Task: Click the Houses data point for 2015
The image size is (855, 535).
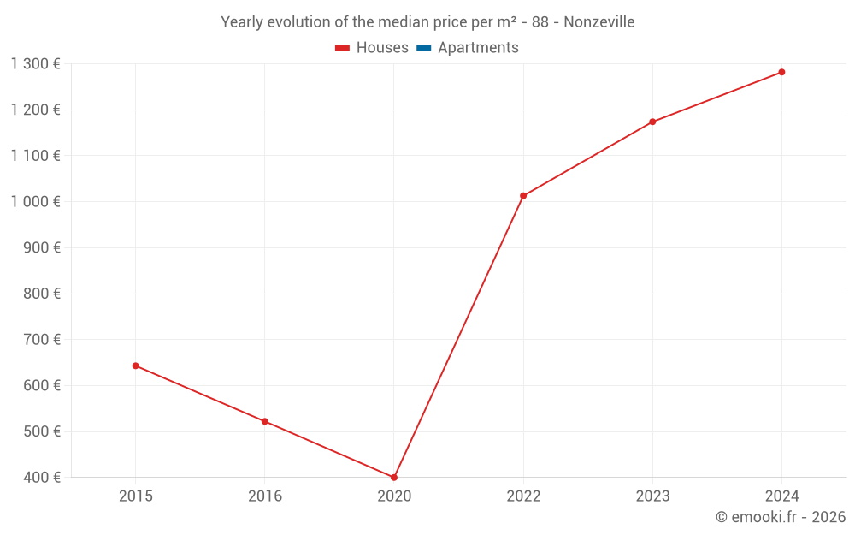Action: pyautogui.click(x=135, y=366)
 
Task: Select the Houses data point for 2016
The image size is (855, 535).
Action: pyautogui.click(x=265, y=421)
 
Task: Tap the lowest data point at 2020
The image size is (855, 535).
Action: pyautogui.click(x=394, y=478)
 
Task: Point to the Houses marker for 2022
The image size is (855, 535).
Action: pyautogui.click(x=523, y=196)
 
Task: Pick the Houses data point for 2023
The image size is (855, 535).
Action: pyautogui.click(x=652, y=122)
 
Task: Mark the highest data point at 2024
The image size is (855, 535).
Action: pyautogui.click(x=781, y=72)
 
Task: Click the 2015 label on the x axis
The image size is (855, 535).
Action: pyautogui.click(x=135, y=496)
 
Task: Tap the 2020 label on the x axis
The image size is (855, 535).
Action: pyautogui.click(x=394, y=496)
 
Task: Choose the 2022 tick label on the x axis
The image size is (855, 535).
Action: pyautogui.click(x=523, y=496)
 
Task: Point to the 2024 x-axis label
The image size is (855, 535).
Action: pyautogui.click(x=781, y=496)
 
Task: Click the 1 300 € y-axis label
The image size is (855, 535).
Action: pyautogui.click(x=35, y=63)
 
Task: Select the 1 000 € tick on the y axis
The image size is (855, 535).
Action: pyautogui.click(x=35, y=201)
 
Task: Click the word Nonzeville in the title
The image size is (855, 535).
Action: pyautogui.click(x=598, y=22)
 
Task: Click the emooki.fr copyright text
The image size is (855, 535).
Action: pyautogui.click(x=780, y=517)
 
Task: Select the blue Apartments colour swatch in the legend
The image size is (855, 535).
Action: pyautogui.click(x=423, y=48)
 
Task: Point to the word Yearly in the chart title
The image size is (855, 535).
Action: pyautogui.click(x=242, y=22)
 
